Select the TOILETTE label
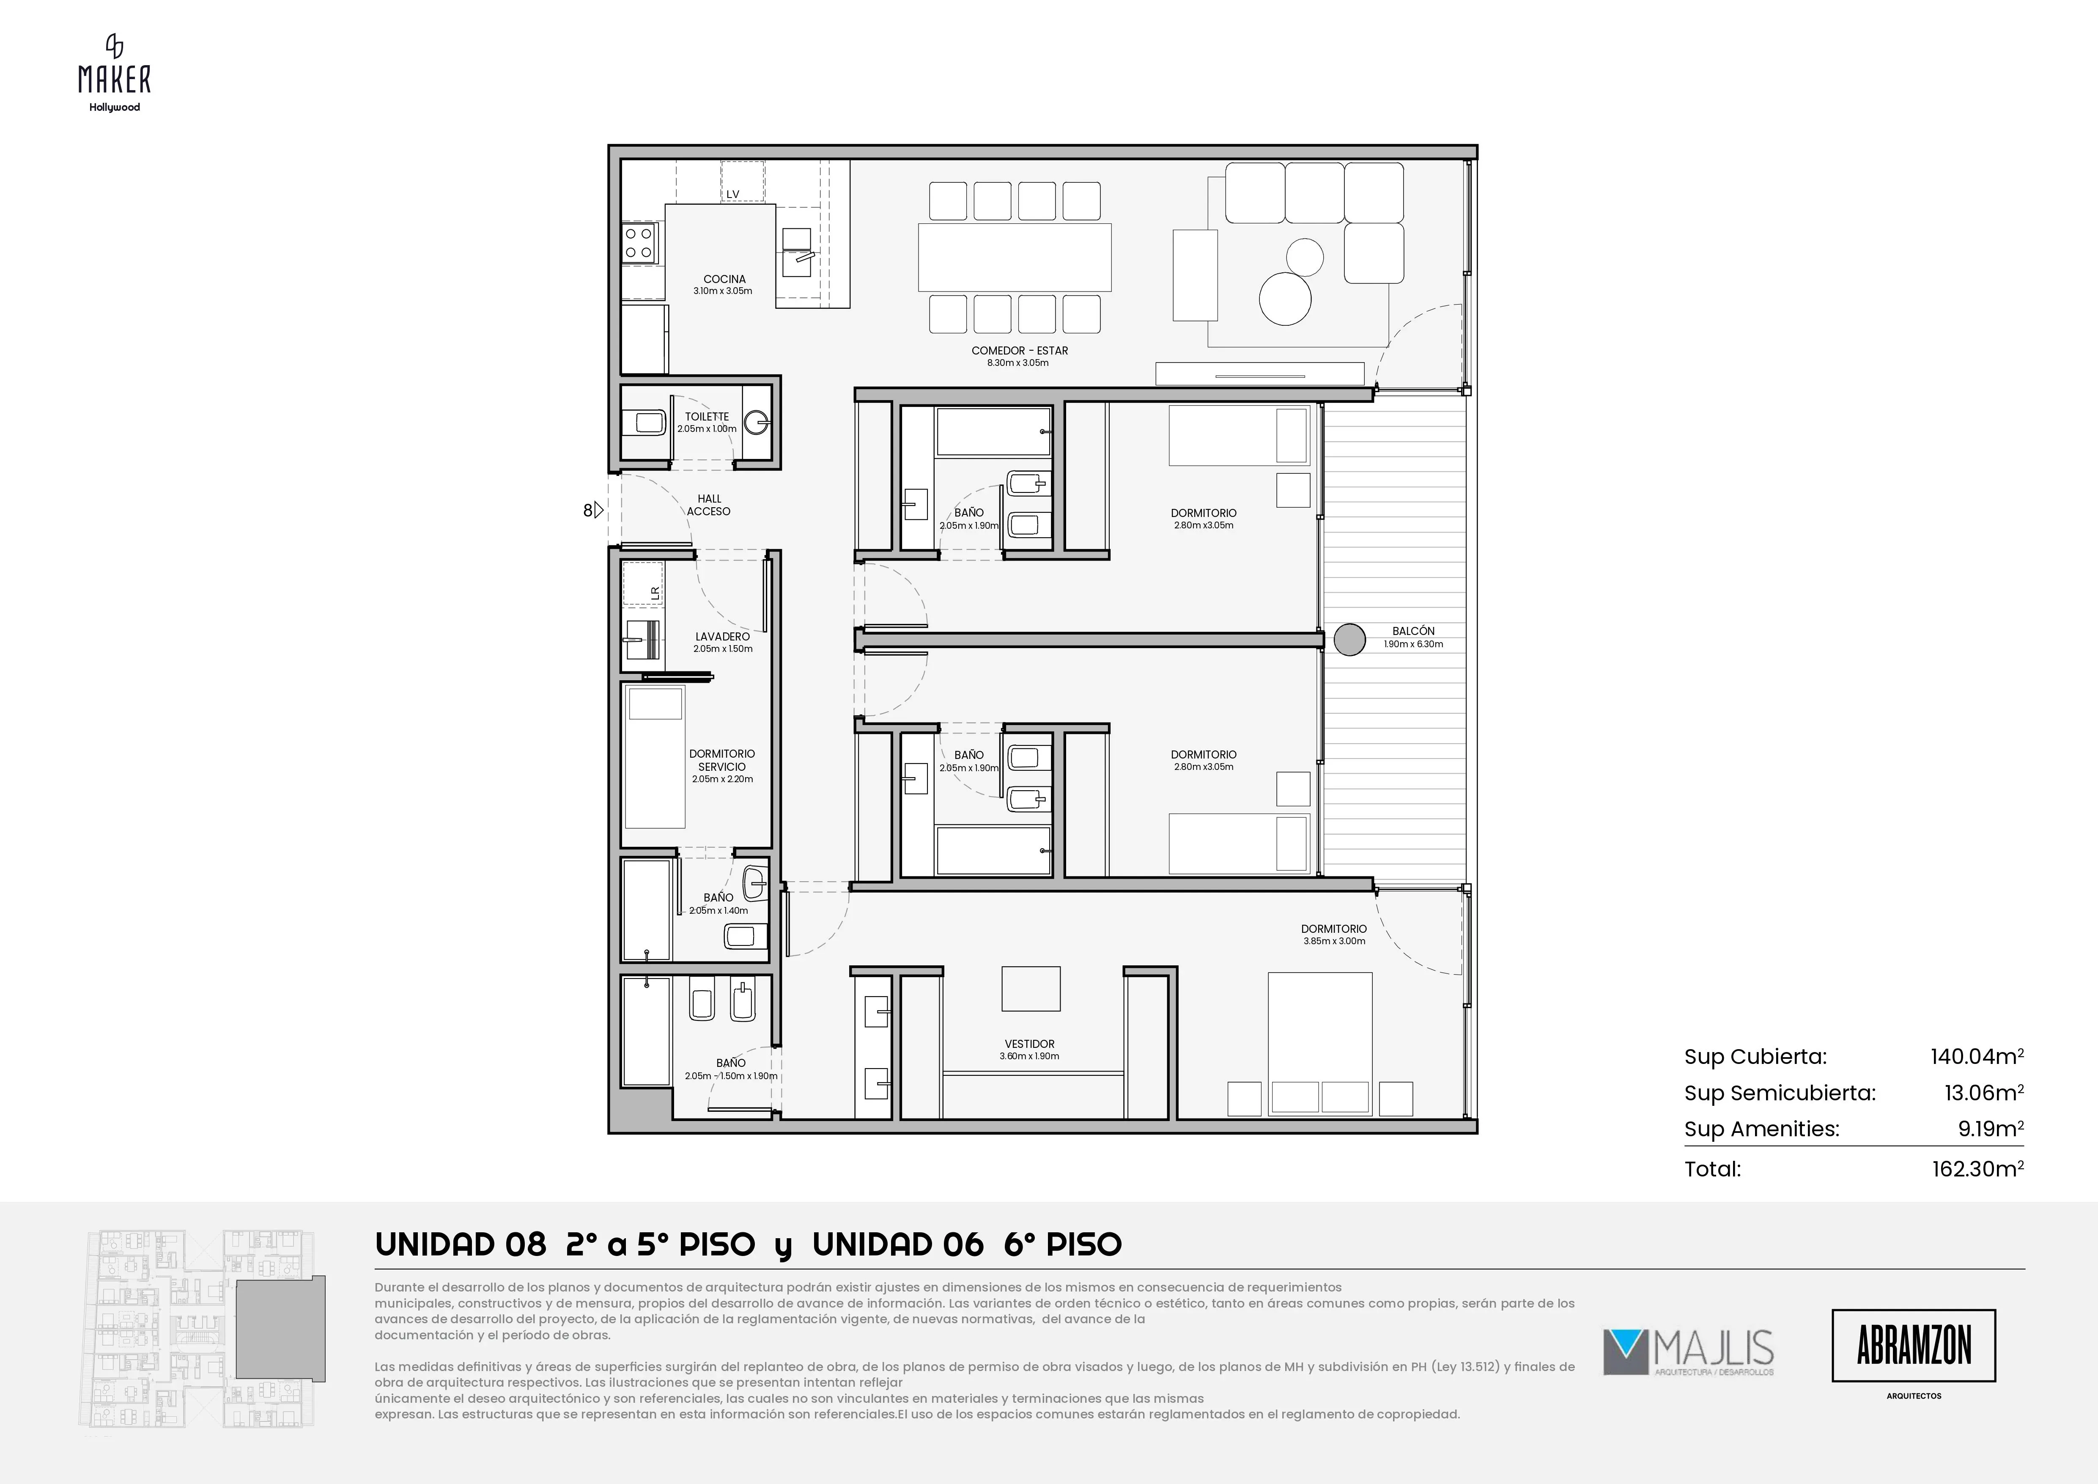click(x=707, y=417)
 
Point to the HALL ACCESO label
click(x=709, y=506)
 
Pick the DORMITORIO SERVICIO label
click(x=722, y=760)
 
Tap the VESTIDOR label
click(x=1030, y=1044)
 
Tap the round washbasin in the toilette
click(x=757, y=422)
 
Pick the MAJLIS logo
click(x=1689, y=1352)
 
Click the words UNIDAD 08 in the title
click(x=461, y=1245)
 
